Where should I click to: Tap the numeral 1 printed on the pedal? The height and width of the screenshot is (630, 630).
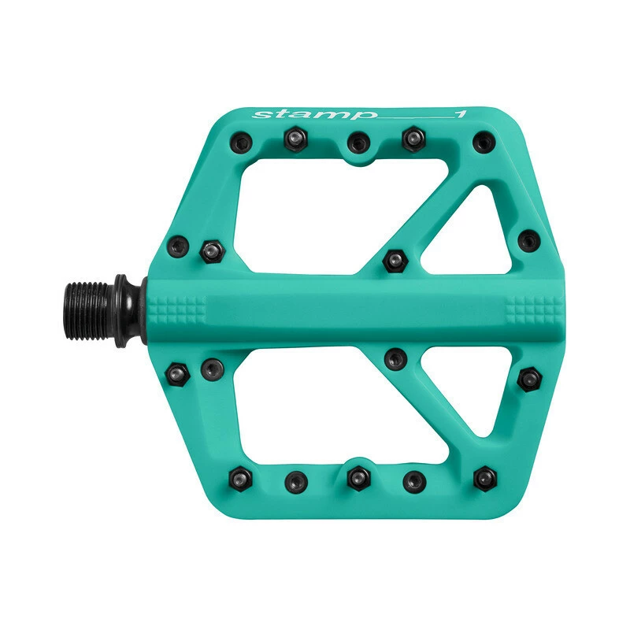coord(461,113)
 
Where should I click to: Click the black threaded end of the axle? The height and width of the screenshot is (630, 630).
coord(86,311)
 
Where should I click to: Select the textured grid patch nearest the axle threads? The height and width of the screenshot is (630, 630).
coord(177,310)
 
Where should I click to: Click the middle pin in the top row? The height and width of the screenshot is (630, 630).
coord(358,142)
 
